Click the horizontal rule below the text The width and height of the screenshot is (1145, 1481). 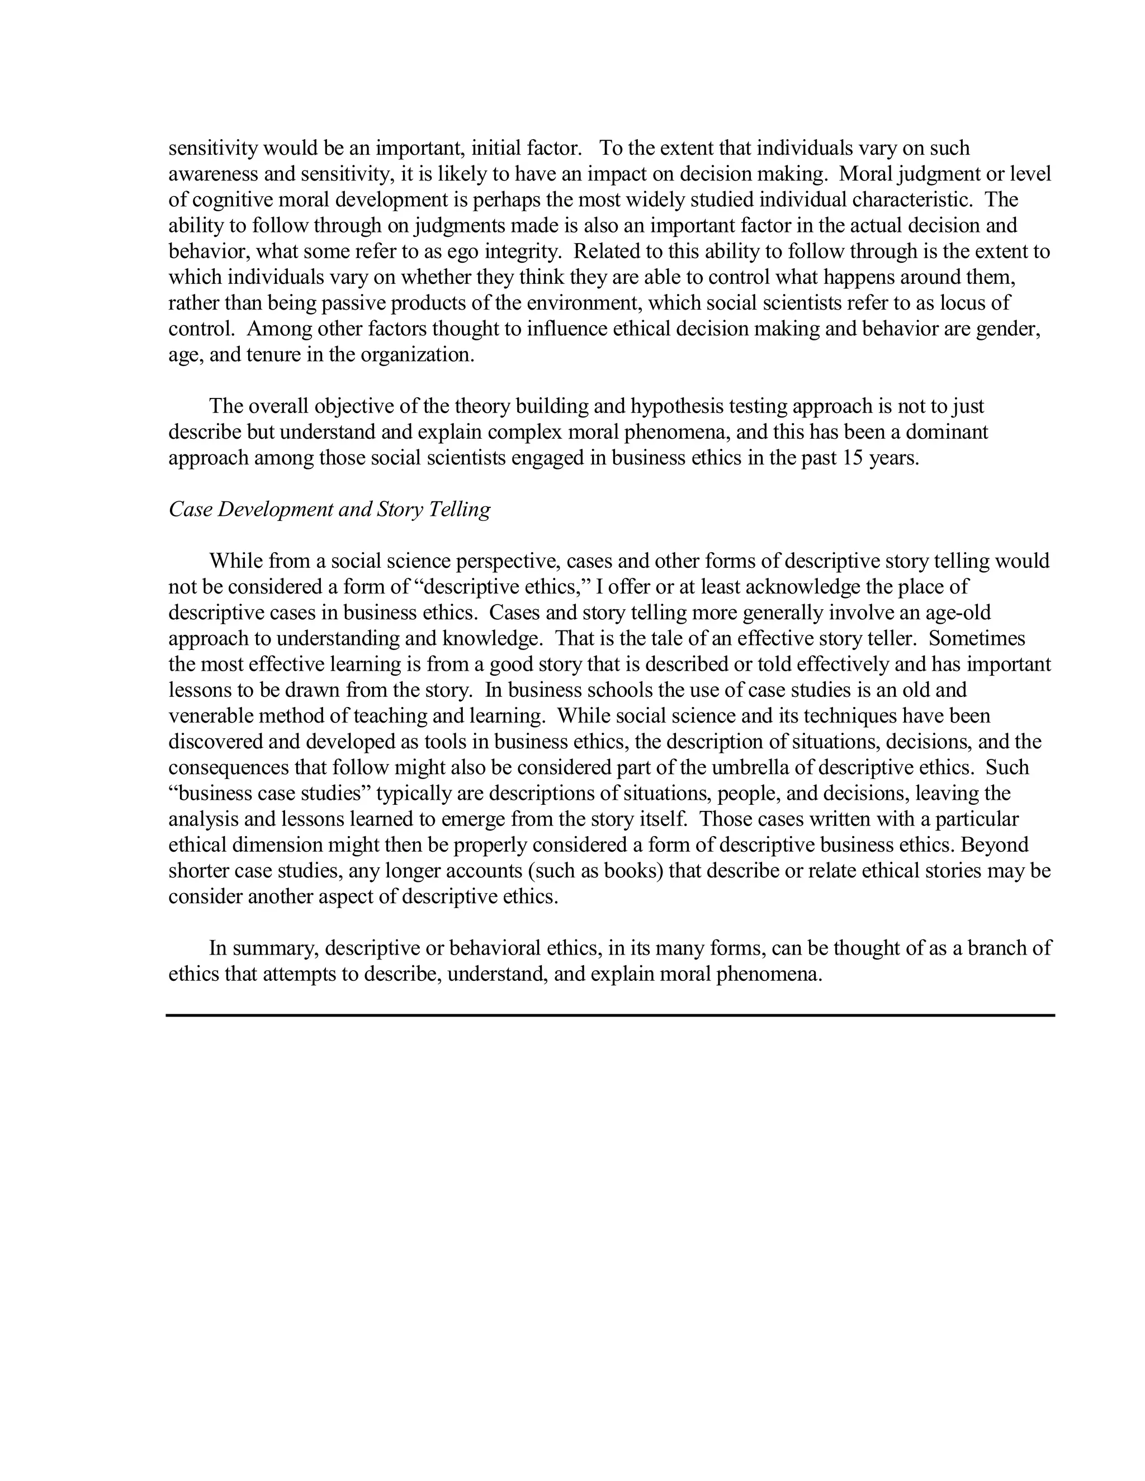[x=610, y=1015]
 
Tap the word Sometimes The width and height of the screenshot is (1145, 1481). [x=977, y=638]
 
